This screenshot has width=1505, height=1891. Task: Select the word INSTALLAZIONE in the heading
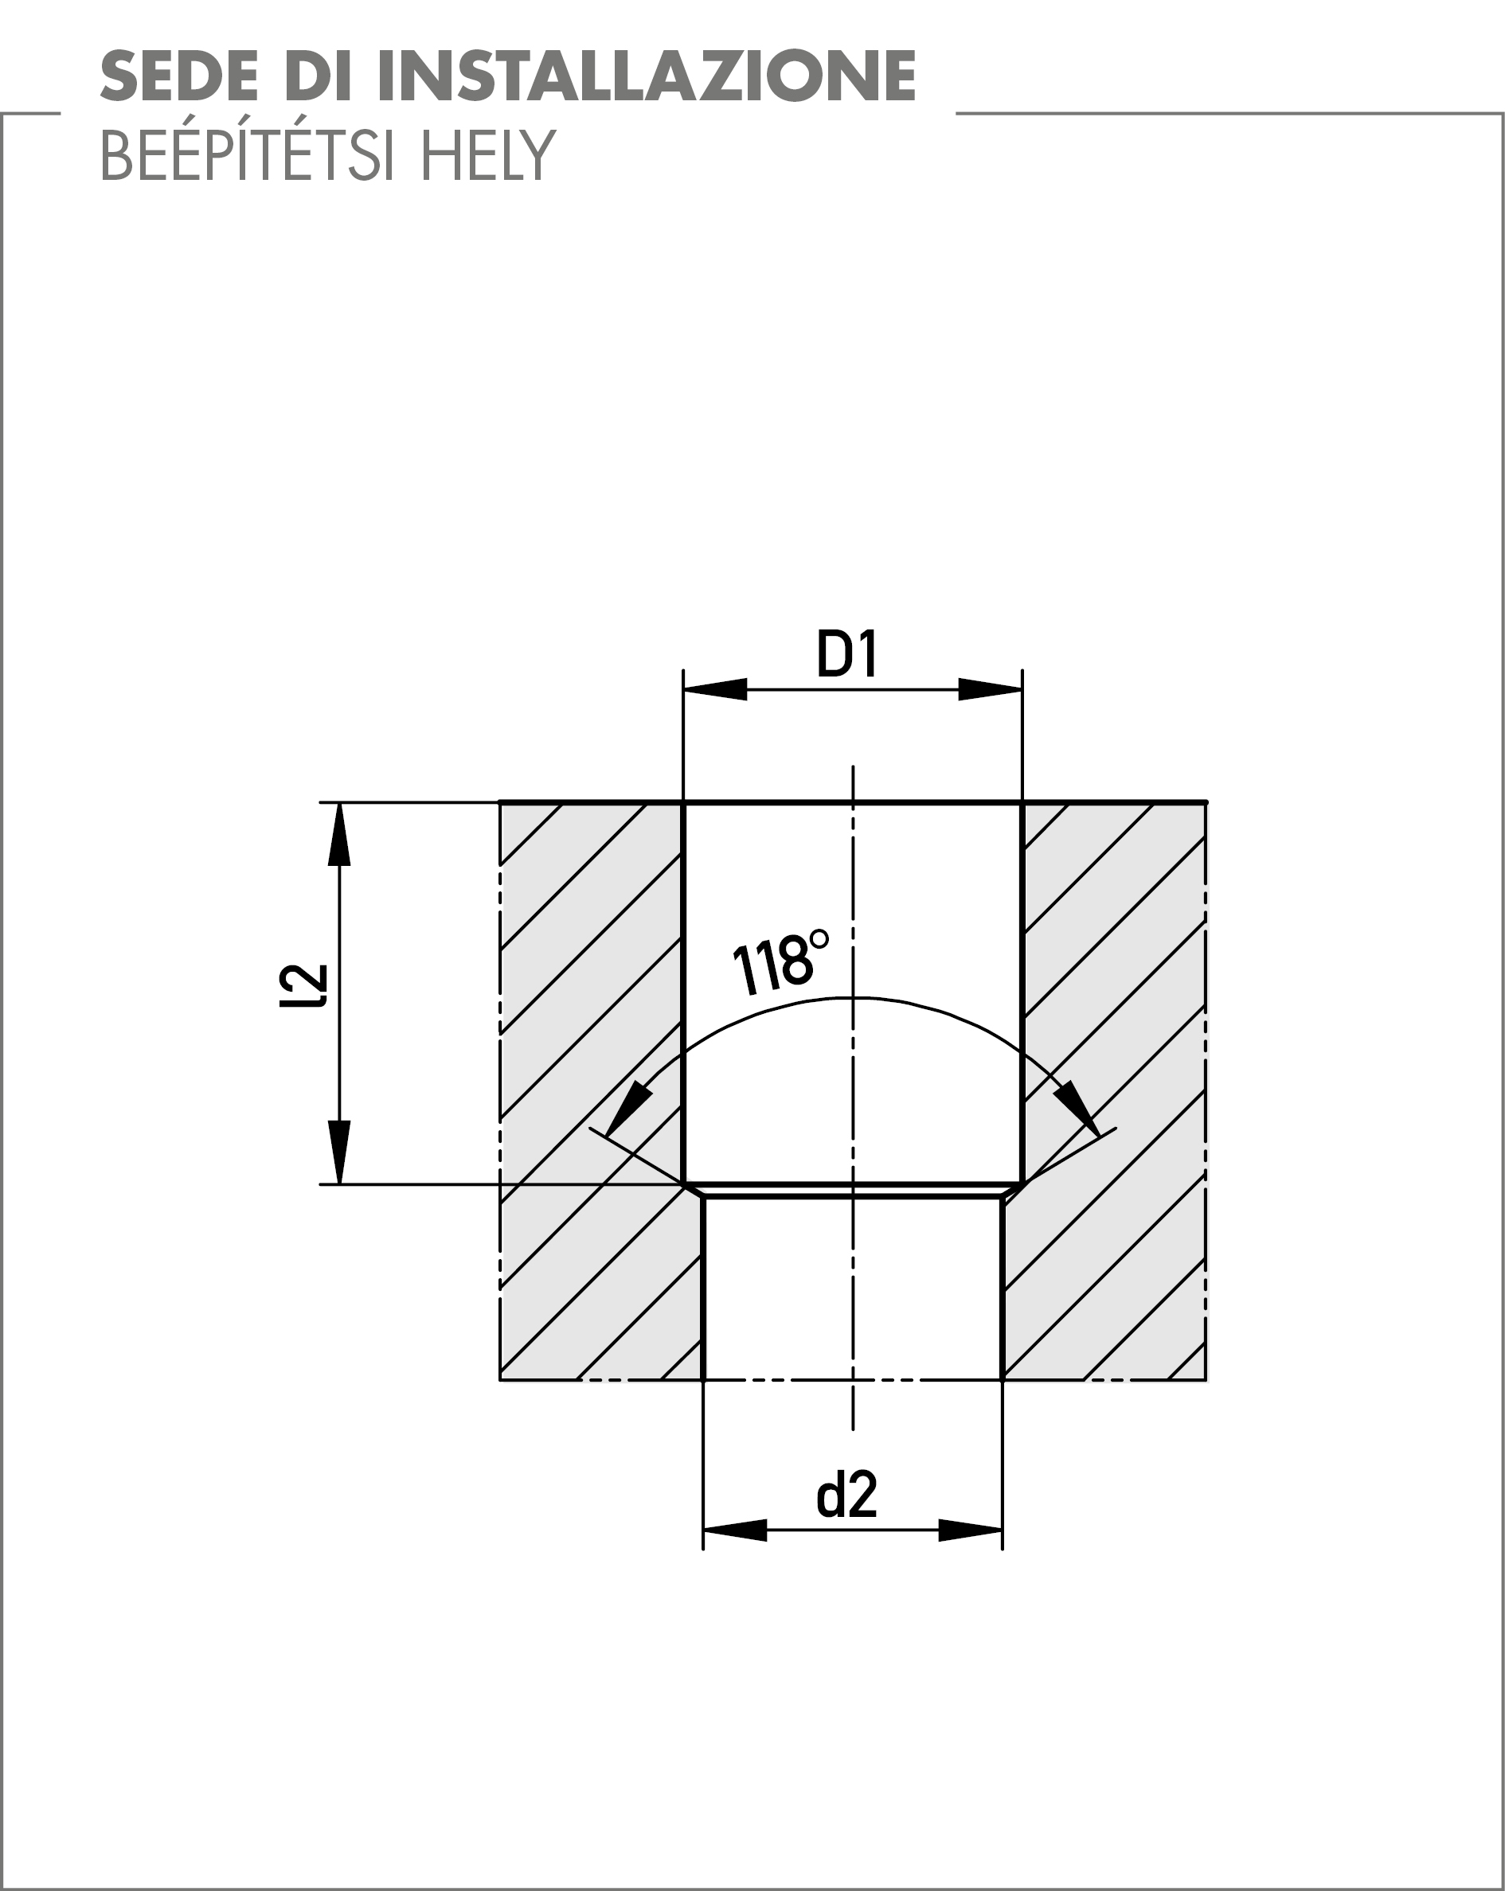[647, 76]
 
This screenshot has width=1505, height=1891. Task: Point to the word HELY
[488, 155]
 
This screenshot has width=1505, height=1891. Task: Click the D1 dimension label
[846, 654]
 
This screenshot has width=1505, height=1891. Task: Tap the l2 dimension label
[303, 986]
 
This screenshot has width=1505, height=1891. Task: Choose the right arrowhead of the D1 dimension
[990, 689]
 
